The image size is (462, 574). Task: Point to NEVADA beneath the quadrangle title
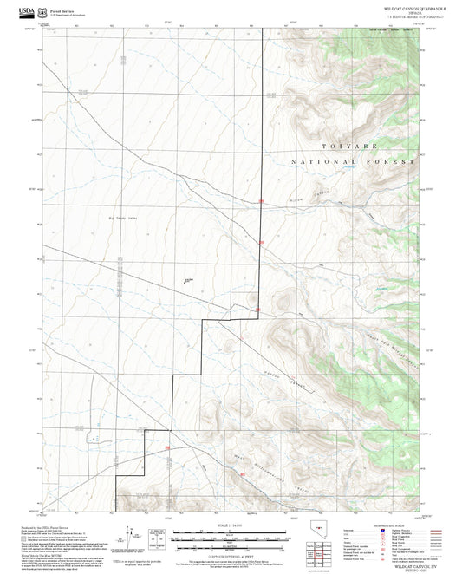click(397, 11)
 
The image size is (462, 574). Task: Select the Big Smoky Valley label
click(121, 219)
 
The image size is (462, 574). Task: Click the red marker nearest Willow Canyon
click(262, 203)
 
